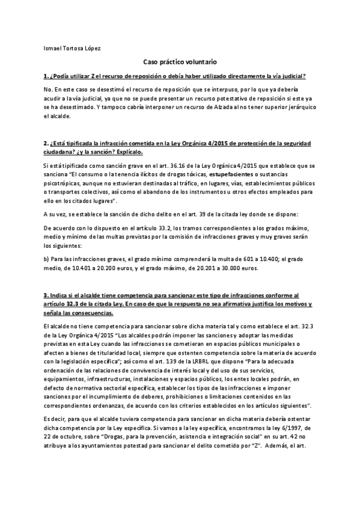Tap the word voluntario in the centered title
199,62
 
